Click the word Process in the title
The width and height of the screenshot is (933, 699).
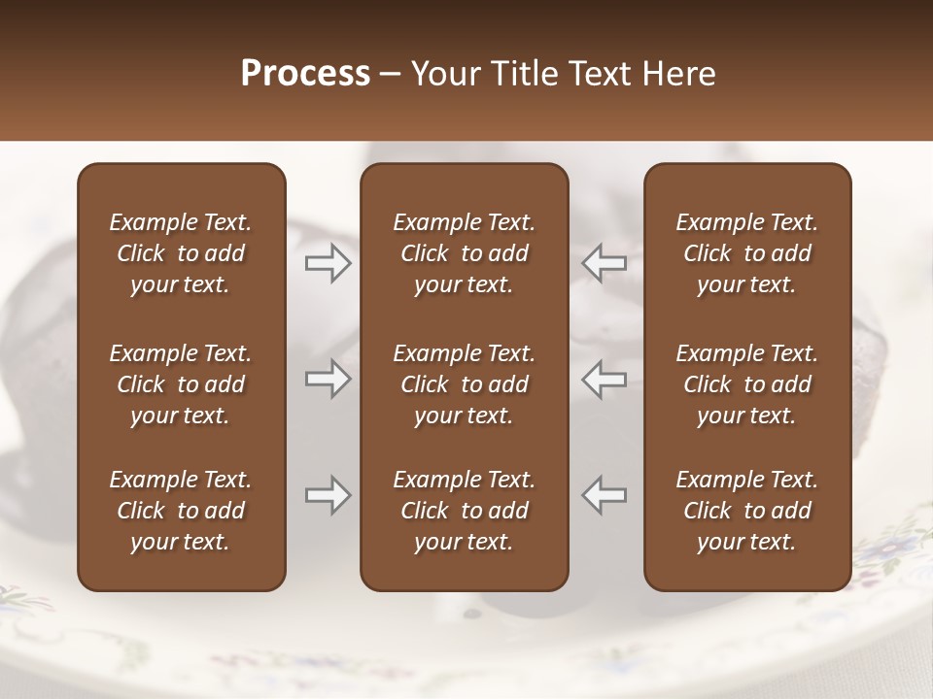point(305,74)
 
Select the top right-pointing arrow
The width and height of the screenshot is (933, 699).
point(328,262)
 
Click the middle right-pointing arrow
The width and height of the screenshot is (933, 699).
point(328,379)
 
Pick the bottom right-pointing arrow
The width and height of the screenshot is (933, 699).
point(328,495)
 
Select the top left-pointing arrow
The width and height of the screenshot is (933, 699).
point(605,262)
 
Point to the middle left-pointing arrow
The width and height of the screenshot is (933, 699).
point(605,379)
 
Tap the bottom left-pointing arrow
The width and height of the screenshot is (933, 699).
point(605,495)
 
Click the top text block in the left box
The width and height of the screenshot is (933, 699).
point(181,253)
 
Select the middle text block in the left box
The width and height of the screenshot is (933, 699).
point(181,384)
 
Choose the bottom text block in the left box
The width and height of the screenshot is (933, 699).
point(181,511)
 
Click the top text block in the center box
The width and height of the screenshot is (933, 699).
point(465,253)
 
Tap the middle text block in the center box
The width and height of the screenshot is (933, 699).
point(465,384)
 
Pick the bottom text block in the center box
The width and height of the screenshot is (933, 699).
point(465,511)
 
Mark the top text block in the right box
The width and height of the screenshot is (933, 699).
point(747,253)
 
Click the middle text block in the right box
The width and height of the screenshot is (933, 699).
point(747,384)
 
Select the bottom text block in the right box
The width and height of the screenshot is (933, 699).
point(747,511)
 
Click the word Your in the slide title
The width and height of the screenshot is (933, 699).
point(442,74)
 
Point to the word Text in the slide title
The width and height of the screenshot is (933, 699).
point(595,74)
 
